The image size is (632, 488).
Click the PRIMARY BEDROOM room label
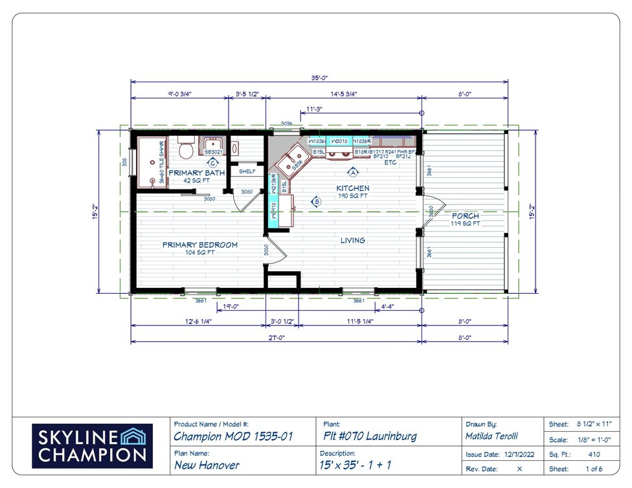tap(199, 245)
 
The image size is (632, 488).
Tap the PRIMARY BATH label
tap(196, 173)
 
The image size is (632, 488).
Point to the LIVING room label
tap(353, 240)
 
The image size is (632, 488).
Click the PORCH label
tap(465, 216)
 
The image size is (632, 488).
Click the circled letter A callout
tap(353, 172)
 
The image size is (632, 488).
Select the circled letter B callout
tap(317, 201)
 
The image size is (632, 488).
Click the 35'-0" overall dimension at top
tap(317, 78)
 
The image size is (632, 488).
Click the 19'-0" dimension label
tap(231, 306)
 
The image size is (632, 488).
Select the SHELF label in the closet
tap(247, 172)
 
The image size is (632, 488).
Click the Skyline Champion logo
tap(92, 446)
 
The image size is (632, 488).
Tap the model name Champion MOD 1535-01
tap(234, 437)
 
